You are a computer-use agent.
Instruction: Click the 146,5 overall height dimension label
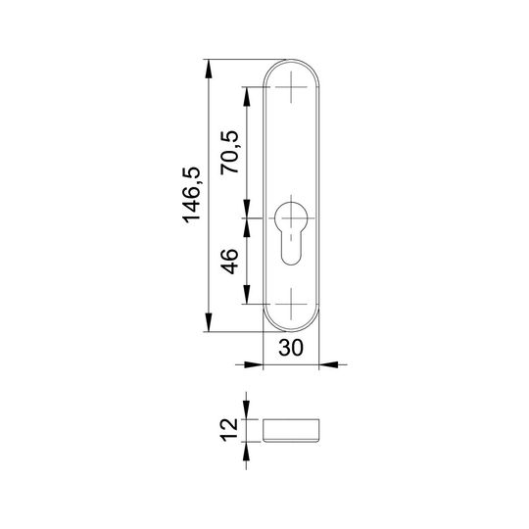191,195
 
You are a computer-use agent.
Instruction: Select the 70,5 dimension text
229,153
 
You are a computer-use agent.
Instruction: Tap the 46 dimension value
229,262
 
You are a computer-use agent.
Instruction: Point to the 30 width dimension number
291,348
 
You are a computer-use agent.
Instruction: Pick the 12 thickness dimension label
229,430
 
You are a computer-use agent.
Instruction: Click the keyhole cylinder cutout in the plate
291,233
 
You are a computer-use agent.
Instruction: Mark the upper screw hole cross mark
291,87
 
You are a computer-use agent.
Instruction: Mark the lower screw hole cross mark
291,304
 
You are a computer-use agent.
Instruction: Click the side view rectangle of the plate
291,430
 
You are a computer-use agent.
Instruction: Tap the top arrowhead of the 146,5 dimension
209,70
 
